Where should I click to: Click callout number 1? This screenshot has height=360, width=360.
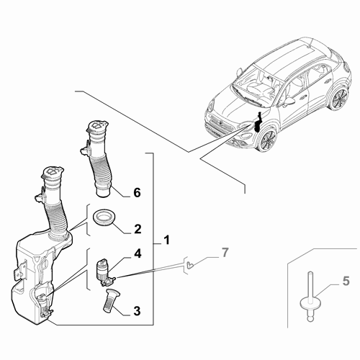pyautogui.click(x=166, y=239)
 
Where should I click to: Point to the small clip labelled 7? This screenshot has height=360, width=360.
pyautogui.click(x=189, y=265)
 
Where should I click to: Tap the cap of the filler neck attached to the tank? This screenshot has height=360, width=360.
pyautogui.click(x=50, y=173)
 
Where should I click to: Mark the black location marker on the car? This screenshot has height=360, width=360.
pyautogui.click(x=258, y=122)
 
